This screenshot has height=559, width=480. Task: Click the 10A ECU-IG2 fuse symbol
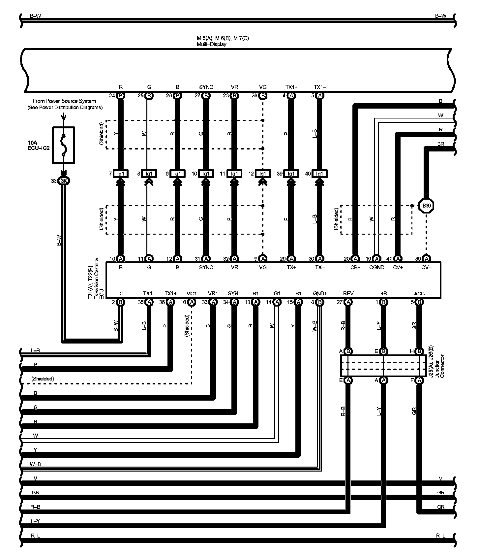64,145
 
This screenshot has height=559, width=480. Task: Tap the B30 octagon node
427,206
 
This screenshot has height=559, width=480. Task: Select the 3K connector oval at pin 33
64,181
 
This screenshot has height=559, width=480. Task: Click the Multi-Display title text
211,44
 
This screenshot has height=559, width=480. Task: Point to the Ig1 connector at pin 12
263,174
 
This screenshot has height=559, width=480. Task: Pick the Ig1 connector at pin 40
319,174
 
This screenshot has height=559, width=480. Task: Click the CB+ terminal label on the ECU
355,268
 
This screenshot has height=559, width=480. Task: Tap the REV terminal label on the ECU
348,293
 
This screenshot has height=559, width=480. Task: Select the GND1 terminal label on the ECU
319,293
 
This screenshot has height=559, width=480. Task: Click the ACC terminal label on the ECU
419,293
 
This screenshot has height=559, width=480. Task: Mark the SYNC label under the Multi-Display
206,87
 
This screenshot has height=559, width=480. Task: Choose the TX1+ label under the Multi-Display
291,87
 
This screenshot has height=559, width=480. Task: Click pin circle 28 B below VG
263,96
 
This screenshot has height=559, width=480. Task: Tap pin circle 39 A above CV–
427,259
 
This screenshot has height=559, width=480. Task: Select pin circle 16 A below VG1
192,302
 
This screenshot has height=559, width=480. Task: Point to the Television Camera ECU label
96,279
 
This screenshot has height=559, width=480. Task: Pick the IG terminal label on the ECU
121,293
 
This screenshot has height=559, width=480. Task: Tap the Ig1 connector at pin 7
121,174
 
